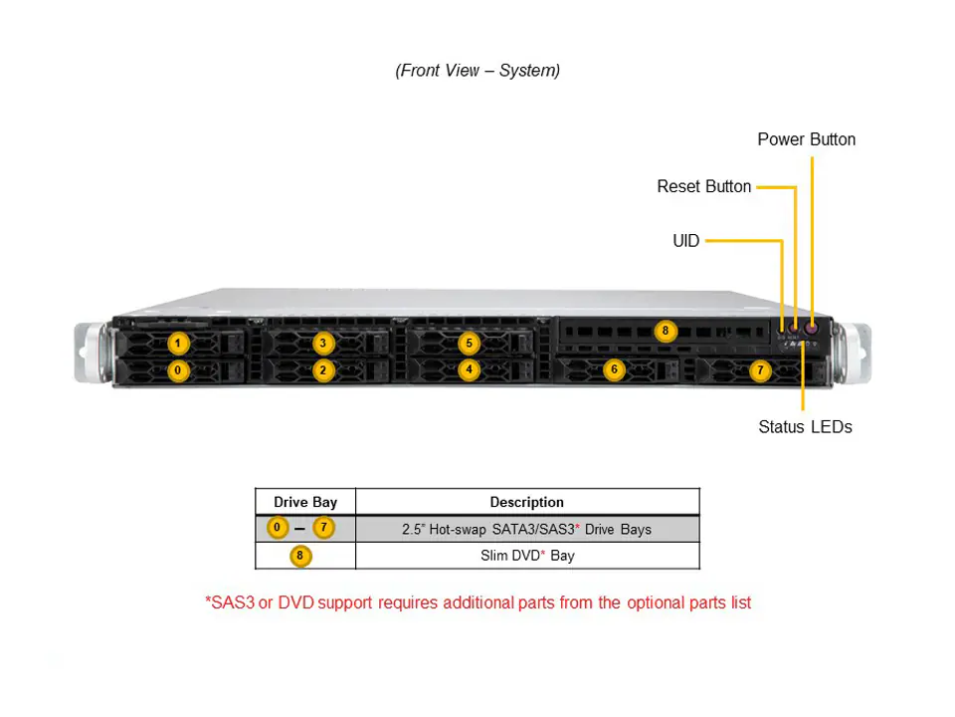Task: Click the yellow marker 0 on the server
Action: tap(177, 370)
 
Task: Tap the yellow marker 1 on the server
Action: tap(177, 344)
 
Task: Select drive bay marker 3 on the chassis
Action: tap(323, 344)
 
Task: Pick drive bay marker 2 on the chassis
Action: tap(323, 370)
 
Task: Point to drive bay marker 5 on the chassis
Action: tap(470, 344)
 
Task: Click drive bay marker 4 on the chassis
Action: tap(470, 369)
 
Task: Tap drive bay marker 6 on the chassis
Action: tap(614, 369)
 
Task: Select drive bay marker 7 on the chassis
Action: tap(760, 370)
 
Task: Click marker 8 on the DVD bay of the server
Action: tap(665, 331)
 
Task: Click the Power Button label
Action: tap(806, 139)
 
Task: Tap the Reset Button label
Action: tap(703, 186)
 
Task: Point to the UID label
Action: tap(685, 241)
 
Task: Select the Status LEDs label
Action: tap(805, 427)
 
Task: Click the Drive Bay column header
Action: tap(305, 502)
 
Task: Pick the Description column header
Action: tap(526, 502)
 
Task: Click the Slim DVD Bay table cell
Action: tap(526, 556)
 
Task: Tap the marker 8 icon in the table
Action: tap(299, 556)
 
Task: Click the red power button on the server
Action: tap(812, 325)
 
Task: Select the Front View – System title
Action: tap(477, 70)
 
